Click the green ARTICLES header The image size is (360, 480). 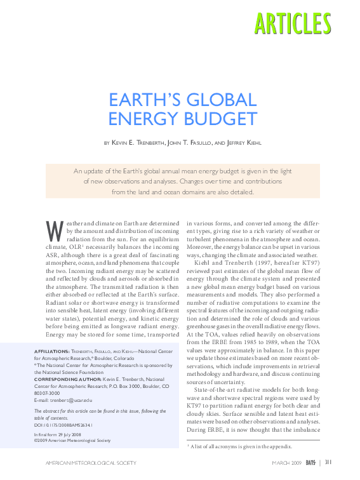coord(292,23)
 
